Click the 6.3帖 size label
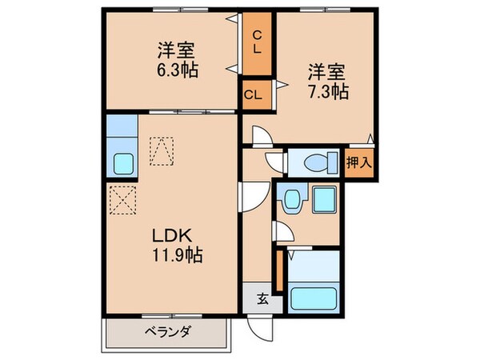(x=178, y=70)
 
